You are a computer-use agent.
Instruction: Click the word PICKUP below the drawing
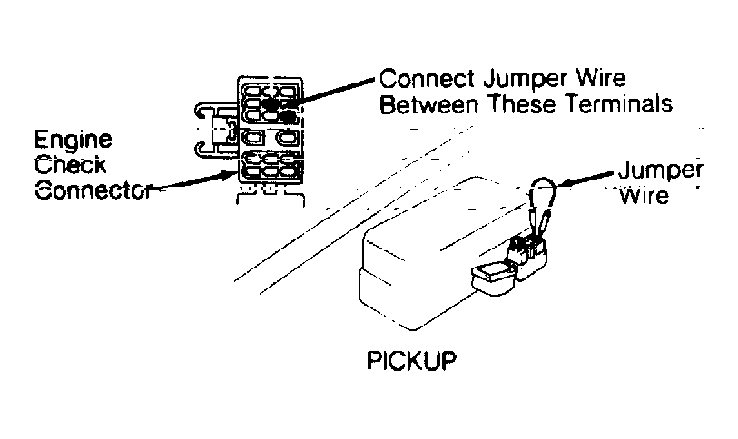(x=412, y=361)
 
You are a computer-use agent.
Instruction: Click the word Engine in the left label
(x=74, y=141)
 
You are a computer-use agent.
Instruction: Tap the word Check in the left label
(x=71, y=166)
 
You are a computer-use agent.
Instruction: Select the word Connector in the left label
(x=93, y=191)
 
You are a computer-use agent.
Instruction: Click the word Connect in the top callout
(x=427, y=79)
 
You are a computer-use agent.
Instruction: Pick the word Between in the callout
(x=428, y=104)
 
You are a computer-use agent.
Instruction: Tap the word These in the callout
(x=521, y=104)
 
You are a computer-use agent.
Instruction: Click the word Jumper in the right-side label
(x=660, y=171)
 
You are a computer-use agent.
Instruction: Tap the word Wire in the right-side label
(x=644, y=195)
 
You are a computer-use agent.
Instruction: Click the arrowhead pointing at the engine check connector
(x=230, y=175)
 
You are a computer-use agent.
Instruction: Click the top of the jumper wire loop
(x=543, y=179)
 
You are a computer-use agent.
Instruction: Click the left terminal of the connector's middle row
(x=252, y=138)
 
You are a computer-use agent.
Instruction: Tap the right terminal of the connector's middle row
(x=287, y=138)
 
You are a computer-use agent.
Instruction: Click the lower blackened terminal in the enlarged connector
(x=285, y=116)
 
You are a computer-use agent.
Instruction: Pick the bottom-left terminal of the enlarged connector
(x=251, y=171)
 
